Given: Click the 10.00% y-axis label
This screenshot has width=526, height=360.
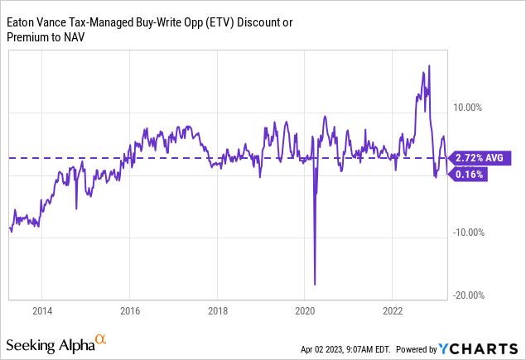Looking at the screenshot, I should pos(468,107).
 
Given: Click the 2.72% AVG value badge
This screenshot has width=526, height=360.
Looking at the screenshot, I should pos(479,157).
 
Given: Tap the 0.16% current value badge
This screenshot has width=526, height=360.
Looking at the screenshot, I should pos(469,175).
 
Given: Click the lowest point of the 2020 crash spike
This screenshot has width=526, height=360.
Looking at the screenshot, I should pos(315,285).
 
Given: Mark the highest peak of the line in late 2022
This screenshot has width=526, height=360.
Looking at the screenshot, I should pos(428,65).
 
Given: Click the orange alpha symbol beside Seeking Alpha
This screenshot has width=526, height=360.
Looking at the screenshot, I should pos(100,339).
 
